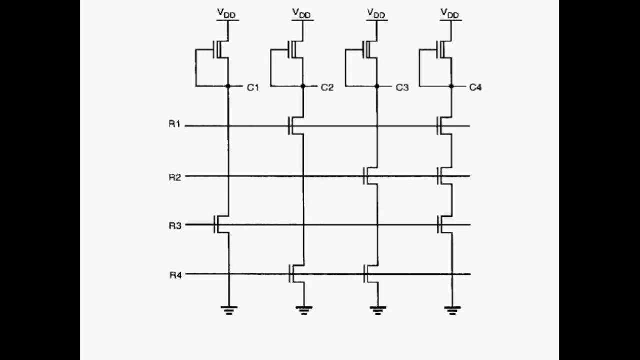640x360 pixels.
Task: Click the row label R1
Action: tap(174, 124)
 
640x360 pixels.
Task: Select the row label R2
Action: tap(174, 176)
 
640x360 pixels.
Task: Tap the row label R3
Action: tap(174, 225)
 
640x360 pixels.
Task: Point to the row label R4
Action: tap(174, 274)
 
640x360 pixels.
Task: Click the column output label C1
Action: tap(253, 88)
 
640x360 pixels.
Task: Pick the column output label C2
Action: tap(327, 88)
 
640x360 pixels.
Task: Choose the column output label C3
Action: tap(402, 88)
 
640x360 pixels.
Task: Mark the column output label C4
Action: tap(476, 88)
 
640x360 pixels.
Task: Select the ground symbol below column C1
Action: tap(229, 310)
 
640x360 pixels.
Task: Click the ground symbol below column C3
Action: tap(378, 310)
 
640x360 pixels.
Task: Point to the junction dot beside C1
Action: tap(228, 86)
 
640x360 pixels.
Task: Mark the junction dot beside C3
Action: tap(377, 86)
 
